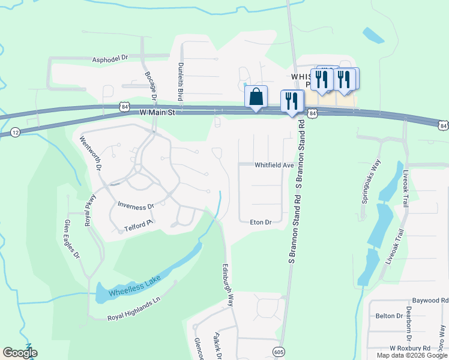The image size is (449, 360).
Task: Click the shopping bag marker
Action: click(256, 97)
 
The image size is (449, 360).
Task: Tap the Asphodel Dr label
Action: click(111, 59)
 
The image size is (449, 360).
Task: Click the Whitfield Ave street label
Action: click(274, 165)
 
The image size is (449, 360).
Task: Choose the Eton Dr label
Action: click(261, 222)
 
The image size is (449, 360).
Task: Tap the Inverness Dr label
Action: click(136, 206)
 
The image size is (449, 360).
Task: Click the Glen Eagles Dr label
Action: click(71, 238)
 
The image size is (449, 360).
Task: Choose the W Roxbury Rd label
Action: click(410, 348)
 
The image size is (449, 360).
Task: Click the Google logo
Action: click(20, 353)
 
